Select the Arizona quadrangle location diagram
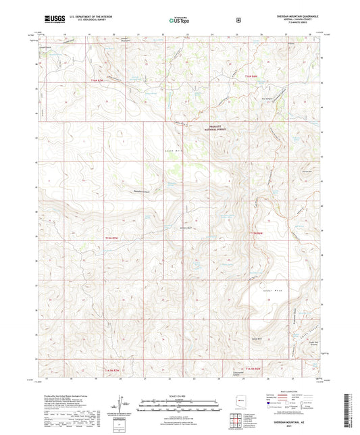tap(236, 408)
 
